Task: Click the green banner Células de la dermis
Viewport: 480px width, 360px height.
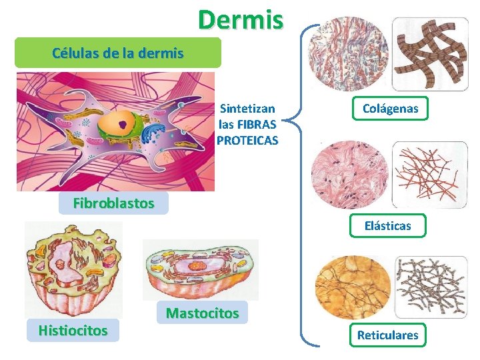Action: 118,53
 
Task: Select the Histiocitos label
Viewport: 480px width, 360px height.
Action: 73,330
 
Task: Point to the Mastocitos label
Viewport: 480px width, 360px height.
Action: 202,312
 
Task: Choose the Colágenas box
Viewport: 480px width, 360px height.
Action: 390,108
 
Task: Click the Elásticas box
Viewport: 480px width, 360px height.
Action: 387,225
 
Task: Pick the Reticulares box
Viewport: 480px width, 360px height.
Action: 387,335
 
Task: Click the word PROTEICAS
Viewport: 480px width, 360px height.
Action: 247,140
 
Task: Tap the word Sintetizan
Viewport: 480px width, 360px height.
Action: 247,108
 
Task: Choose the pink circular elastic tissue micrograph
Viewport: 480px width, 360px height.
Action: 349,174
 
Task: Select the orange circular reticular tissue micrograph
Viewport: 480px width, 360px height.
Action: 351,288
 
